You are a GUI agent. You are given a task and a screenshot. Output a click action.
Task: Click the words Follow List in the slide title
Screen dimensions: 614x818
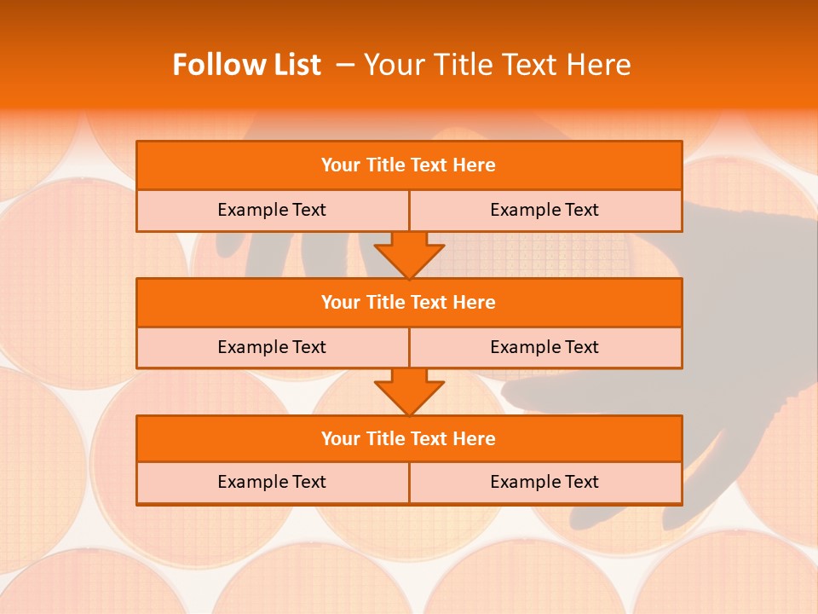click(246, 65)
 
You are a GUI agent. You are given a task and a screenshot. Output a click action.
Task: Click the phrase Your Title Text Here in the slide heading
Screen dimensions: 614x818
click(498, 65)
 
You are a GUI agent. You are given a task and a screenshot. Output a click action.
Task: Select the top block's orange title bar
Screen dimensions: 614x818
click(409, 165)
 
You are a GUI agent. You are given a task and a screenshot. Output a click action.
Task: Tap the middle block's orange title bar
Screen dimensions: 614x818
click(409, 302)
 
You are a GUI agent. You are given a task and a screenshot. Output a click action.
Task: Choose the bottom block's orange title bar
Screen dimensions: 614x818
click(409, 438)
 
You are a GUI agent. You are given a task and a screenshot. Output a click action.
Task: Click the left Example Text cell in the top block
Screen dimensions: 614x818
click(272, 210)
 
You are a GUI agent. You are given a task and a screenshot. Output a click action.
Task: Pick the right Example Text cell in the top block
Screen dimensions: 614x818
click(544, 210)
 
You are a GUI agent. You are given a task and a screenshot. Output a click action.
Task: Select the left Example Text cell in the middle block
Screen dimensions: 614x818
click(272, 347)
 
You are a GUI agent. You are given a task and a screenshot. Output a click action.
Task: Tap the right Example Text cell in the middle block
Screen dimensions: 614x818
click(544, 347)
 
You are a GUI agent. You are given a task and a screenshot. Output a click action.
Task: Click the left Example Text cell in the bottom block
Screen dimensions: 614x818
click(272, 482)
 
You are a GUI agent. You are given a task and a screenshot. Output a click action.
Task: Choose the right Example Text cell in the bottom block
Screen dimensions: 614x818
click(544, 482)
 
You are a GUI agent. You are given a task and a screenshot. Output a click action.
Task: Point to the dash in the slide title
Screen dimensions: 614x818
click(343, 65)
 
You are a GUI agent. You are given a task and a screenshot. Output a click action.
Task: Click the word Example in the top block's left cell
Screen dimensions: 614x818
click(253, 210)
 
